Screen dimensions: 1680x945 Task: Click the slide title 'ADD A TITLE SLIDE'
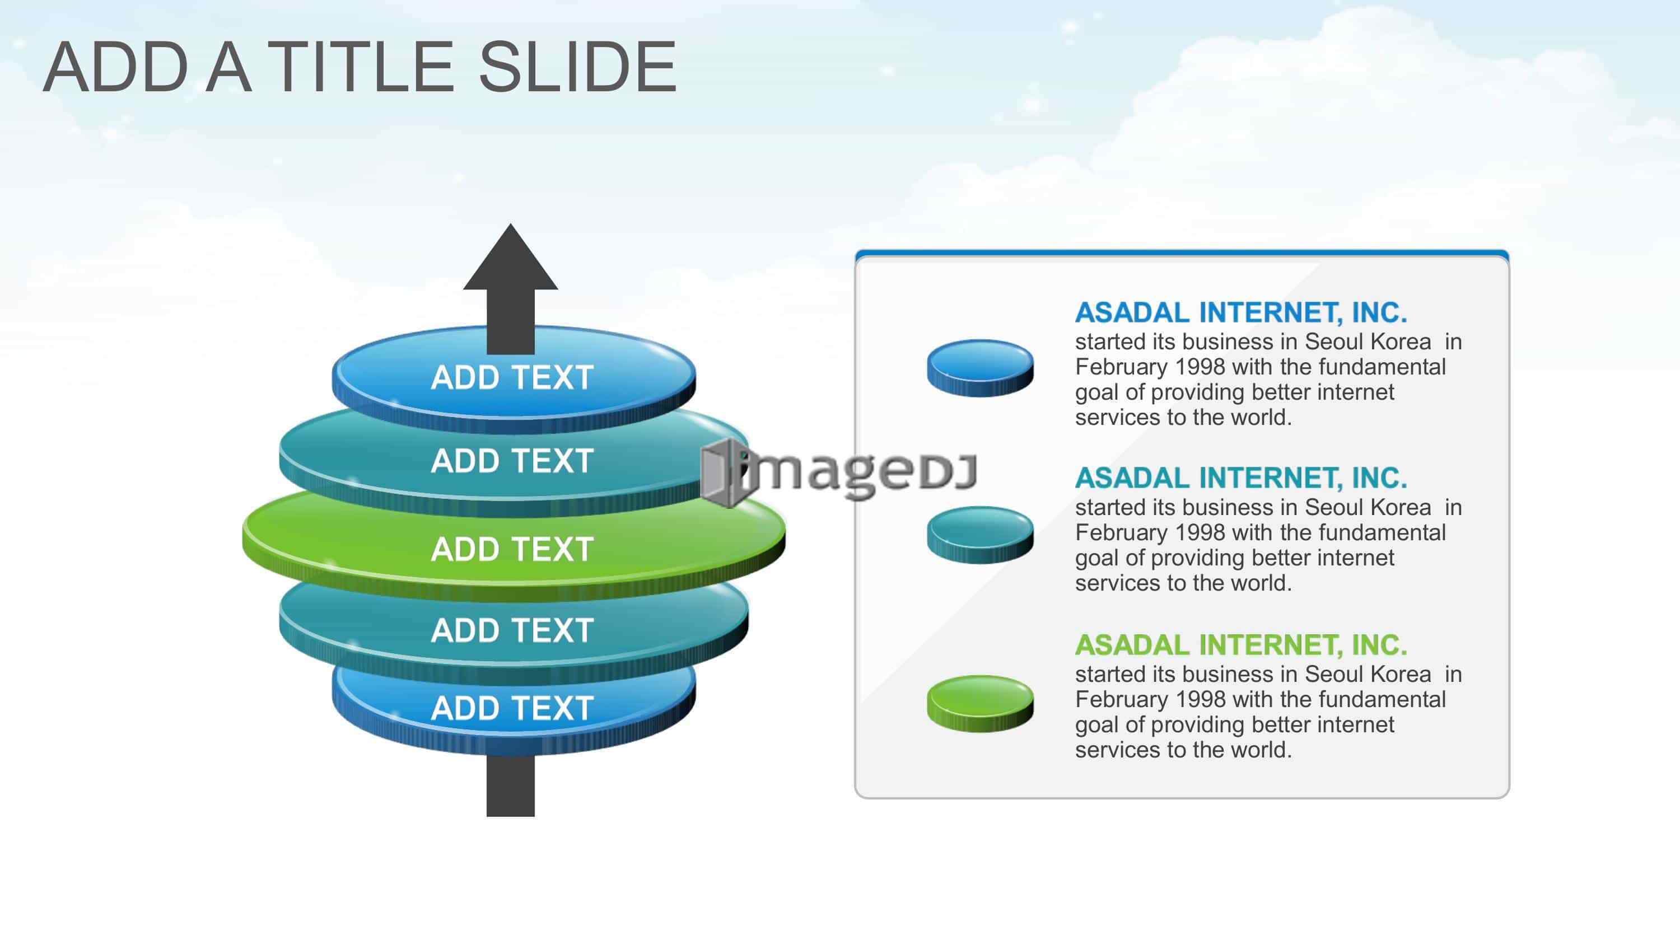point(360,67)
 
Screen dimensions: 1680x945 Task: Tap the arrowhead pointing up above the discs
point(511,257)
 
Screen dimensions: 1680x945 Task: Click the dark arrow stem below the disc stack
point(511,786)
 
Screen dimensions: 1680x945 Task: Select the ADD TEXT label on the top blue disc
point(512,378)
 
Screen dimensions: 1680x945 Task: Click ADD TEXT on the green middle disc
point(512,549)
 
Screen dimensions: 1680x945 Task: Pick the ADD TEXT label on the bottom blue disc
point(512,708)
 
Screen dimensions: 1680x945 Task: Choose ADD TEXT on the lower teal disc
point(512,630)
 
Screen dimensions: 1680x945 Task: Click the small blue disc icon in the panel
point(980,368)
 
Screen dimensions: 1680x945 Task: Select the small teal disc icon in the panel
point(980,535)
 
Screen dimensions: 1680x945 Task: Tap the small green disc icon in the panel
point(980,703)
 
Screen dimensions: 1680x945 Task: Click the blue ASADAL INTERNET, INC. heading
point(1241,313)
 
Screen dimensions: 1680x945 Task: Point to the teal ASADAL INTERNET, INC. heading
point(1241,478)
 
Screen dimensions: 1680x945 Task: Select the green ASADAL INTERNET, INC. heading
point(1241,645)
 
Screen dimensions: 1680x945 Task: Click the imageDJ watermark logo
point(839,471)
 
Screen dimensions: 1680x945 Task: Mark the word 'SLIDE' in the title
point(577,67)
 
